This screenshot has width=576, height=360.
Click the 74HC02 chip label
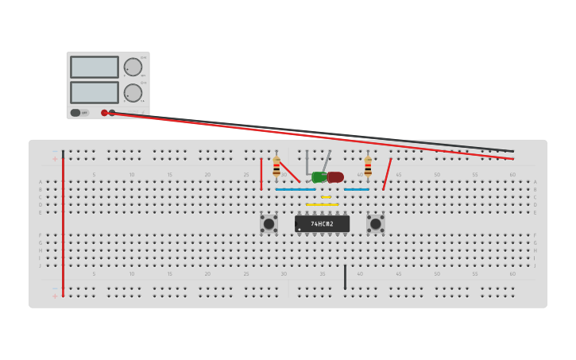322,224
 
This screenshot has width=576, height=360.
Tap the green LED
319,177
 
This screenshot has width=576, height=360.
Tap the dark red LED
335,177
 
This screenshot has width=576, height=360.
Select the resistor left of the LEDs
276,168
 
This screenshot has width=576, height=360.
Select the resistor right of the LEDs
368,167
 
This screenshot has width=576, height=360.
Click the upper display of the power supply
94,67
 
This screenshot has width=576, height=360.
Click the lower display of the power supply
94,92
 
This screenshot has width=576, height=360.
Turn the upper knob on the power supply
133,67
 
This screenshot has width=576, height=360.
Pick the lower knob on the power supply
133,92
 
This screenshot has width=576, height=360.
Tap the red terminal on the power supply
104,113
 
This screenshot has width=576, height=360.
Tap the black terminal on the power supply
112,113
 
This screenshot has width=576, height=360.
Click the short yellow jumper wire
326,197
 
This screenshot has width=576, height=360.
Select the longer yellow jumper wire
322,205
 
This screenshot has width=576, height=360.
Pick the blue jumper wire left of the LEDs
295,189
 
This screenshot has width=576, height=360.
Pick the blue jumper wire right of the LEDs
357,189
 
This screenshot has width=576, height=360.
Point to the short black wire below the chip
345,277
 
